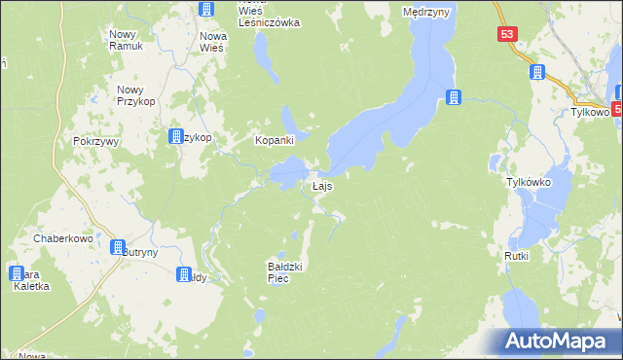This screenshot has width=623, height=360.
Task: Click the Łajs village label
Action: (323, 185)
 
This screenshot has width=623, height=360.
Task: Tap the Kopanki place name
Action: (275, 140)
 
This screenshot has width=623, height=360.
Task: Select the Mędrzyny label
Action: (424, 13)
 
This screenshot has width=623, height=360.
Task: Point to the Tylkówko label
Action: (529, 182)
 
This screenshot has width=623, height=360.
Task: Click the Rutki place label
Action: (516, 256)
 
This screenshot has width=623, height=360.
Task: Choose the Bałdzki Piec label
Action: (288, 271)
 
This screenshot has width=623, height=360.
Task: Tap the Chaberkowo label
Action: (62, 237)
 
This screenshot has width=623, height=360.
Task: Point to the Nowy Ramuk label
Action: (127, 40)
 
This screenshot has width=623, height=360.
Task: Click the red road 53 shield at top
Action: (506, 33)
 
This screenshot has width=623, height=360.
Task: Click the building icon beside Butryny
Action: (119, 248)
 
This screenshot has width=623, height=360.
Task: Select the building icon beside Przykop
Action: (177, 137)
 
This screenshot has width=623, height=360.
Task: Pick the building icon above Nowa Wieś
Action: (206, 9)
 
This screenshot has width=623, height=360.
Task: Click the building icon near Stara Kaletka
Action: (17, 273)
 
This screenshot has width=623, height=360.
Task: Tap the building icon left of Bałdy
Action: (184, 275)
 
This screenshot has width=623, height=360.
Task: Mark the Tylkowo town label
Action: (589, 112)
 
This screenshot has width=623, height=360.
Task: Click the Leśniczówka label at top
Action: (270, 21)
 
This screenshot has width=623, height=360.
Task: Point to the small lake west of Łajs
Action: (287, 175)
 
